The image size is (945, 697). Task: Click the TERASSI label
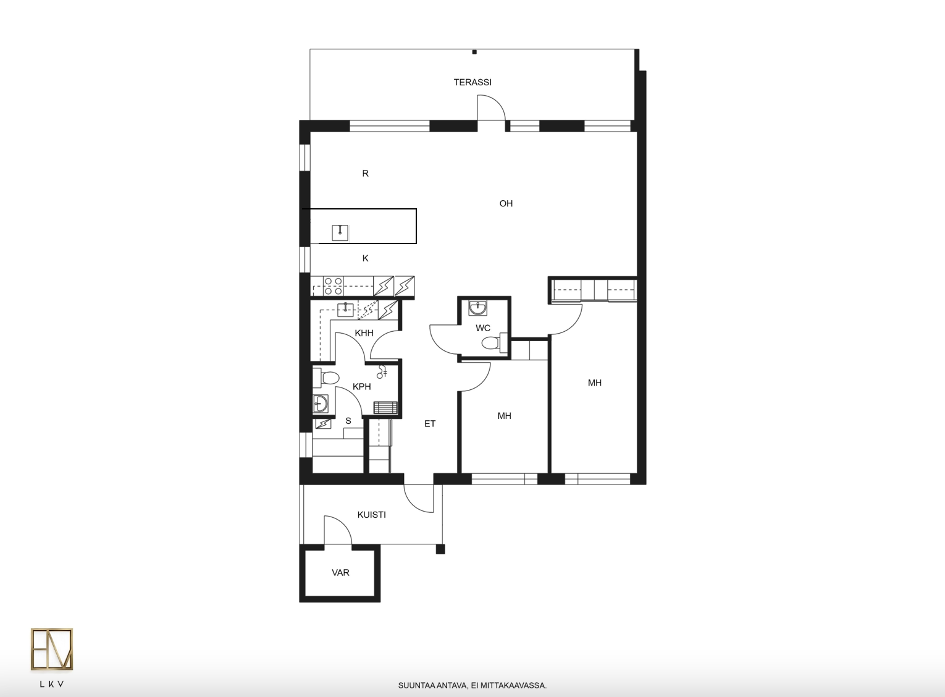coord(472,82)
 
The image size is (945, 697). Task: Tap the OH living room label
coord(506,203)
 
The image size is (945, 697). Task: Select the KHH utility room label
coord(364,333)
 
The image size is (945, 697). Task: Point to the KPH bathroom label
coord(361,386)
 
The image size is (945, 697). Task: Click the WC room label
coord(483,328)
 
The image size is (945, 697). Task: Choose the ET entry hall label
coord(430,423)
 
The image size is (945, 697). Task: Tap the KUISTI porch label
coord(372,515)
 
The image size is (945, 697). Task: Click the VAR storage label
coord(340,572)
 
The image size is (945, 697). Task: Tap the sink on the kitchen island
coord(340,232)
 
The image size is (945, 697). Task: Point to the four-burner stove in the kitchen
coord(334,286)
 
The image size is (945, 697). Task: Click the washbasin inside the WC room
coord(477,308)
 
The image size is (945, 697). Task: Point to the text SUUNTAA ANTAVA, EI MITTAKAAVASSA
coord(472,685)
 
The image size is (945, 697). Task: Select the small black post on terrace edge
coord(474,52)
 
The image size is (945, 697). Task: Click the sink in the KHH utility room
coord(345,310)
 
